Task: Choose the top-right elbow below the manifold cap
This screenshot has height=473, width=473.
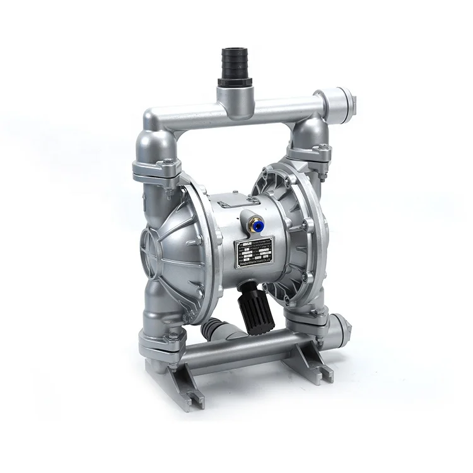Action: click(309, 132)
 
